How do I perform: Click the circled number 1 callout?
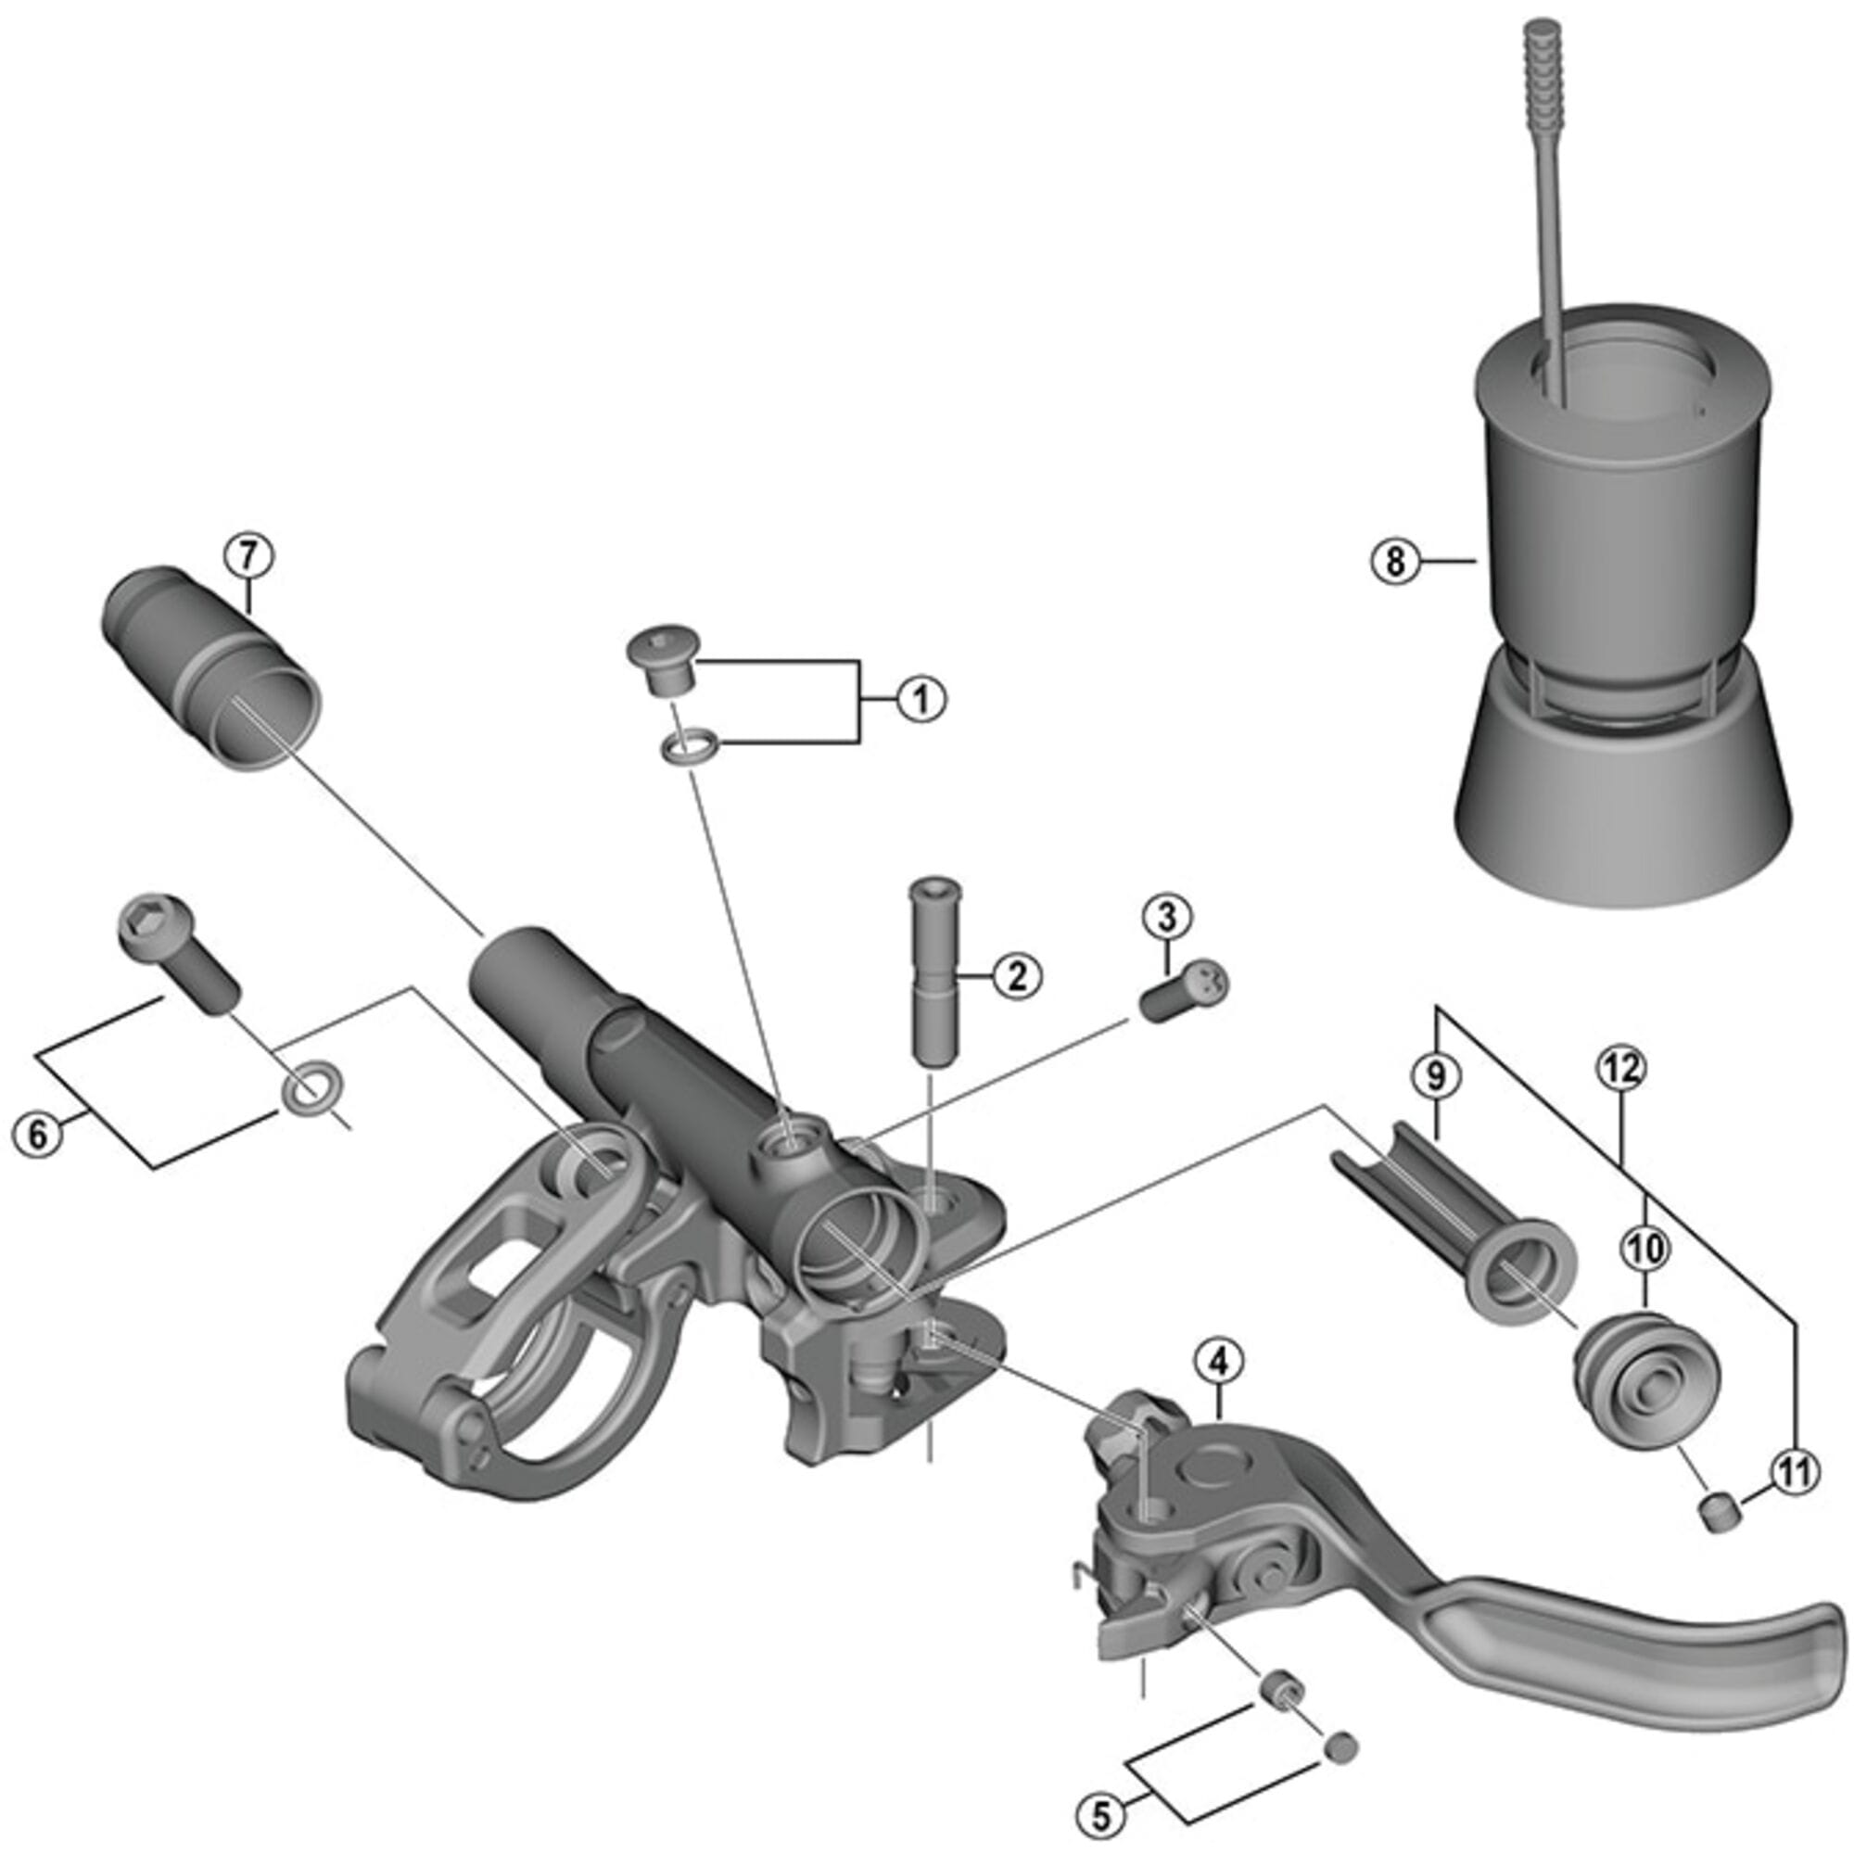tap(921, 700)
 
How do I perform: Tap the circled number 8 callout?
tap(1394, 561)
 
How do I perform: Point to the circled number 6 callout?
tap(36, 1136)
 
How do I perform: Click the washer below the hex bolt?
tap(307, 1088)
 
